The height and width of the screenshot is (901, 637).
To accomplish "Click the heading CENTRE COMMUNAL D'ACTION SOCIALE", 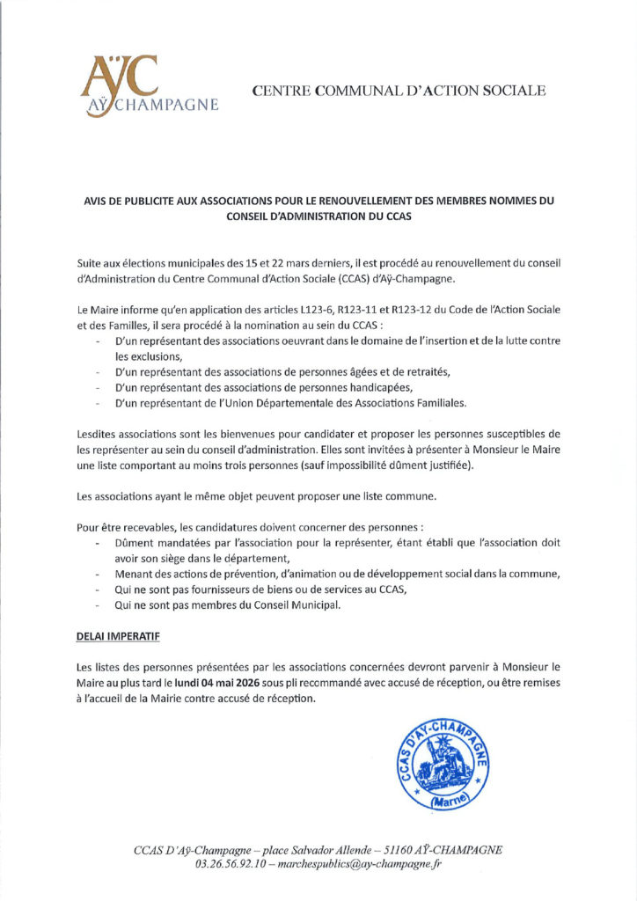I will pyautogui.click(x=399, y=91).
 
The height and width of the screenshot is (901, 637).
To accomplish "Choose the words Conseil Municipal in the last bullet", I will pyautogui.click(x=295, y=605).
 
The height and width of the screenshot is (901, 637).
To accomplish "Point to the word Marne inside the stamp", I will pyautogui.click(x=442, y=802).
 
